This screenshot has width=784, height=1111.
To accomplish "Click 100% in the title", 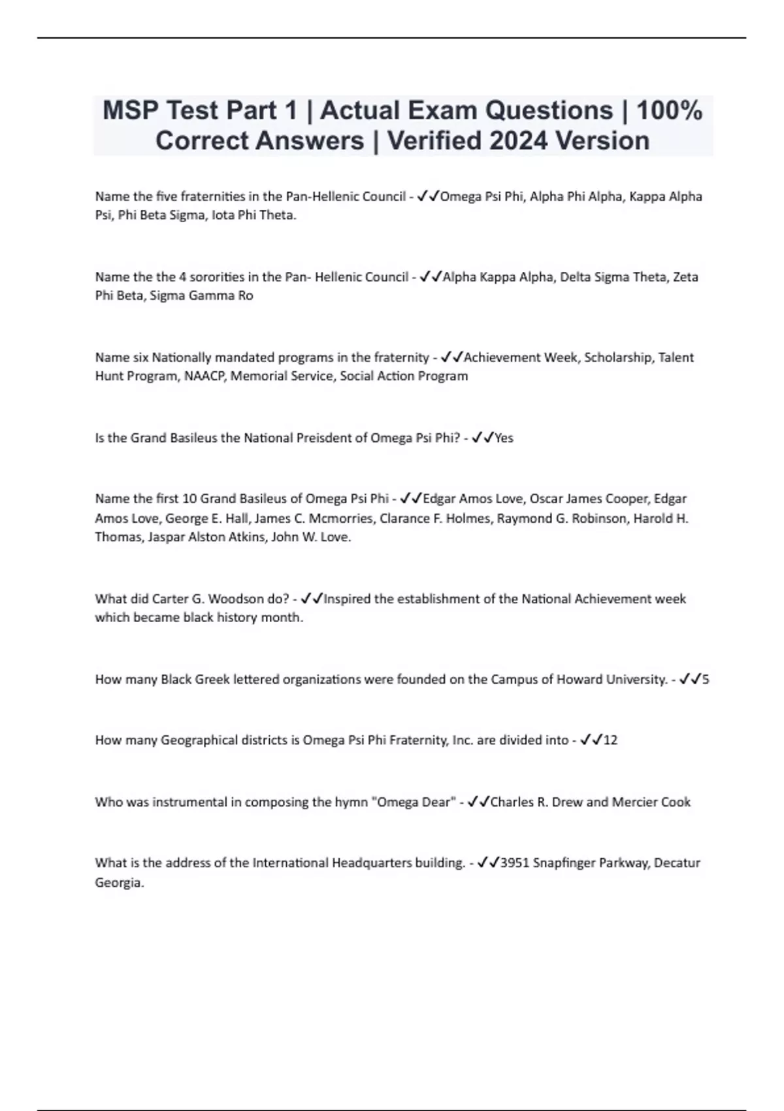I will click(669, 110).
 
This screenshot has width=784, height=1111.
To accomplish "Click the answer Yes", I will click(504, 438).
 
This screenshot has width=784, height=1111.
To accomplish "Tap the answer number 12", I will click(610, 740).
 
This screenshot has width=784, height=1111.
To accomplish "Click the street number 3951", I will click(514, 863).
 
